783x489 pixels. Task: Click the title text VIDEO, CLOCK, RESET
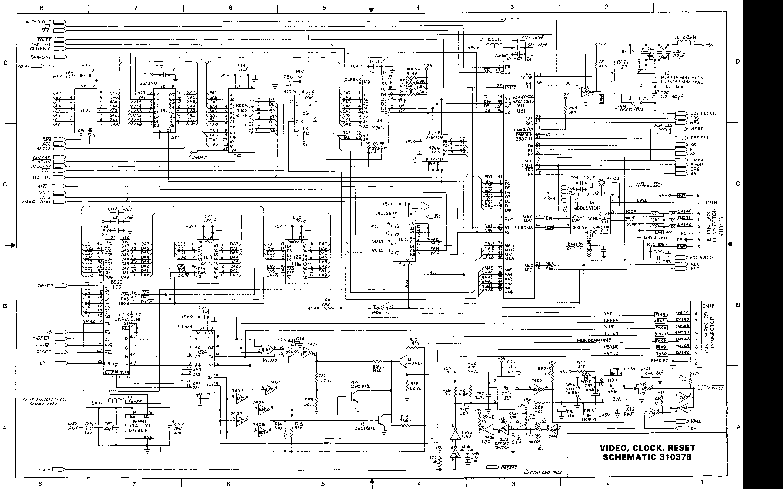point(647,448)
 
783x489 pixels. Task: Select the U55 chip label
point(85,110)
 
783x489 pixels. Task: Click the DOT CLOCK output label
point(703,114)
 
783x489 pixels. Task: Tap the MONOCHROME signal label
point(594,340)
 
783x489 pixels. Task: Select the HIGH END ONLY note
point(546,472)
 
